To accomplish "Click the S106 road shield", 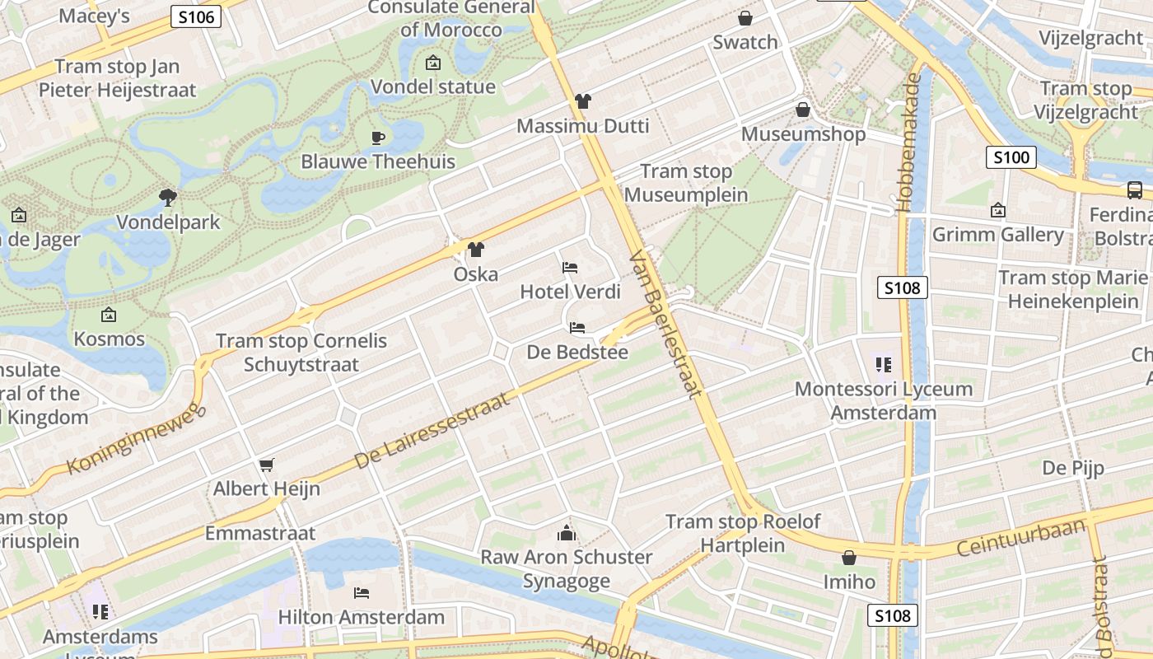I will tap(196, 16).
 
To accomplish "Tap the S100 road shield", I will tap(1011, 157).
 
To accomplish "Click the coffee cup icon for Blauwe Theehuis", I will tap(378, 138).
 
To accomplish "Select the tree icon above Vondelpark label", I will tap(168, 197).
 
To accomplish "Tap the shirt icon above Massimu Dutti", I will tap(583, 101).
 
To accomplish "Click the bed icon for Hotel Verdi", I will tap(570, 267).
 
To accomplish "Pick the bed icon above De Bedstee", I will tap(577, 328).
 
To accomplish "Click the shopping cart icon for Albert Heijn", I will tap(266, 465).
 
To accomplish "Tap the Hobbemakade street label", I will tap(911, 143).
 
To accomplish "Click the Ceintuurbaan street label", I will tap(1021, 537).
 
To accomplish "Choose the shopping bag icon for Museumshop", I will tap(802, 110).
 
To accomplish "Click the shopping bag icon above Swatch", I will tap(745, 17).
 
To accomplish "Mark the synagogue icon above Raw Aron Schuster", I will tap(566, 533).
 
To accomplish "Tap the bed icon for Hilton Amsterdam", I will tap(361, 592).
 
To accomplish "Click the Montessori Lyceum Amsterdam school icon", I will tap(884, 364).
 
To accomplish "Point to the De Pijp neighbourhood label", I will tap(1072, 468).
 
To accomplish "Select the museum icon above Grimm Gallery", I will tap(998, 211).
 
